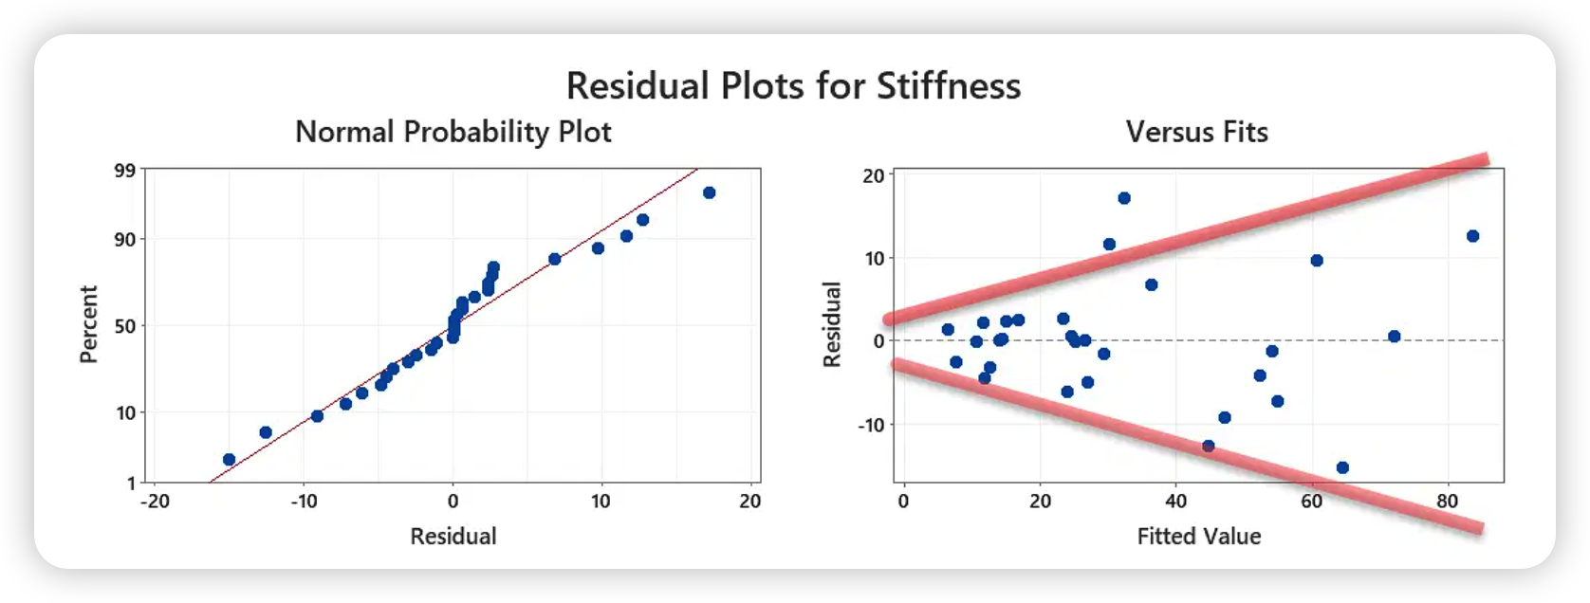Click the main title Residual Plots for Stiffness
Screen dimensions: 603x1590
793,86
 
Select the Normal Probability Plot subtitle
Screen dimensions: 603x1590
453,132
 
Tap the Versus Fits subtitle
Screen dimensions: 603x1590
1196,132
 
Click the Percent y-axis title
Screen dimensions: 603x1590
89,324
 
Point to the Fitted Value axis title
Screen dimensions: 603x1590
1199,537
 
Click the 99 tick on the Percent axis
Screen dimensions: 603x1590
125,171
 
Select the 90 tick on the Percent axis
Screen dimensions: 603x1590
125,240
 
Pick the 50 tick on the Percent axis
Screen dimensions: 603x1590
125,326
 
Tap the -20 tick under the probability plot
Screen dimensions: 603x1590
155,502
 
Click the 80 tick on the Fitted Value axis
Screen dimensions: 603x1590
1448,502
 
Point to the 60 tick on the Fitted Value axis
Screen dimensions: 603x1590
1312,502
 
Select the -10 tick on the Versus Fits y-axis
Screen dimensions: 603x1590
871,425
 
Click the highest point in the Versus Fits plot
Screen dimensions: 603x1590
1124,198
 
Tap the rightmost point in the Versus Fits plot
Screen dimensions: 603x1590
1472,236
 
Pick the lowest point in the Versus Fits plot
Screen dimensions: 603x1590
1342,467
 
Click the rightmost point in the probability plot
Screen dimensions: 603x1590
709,193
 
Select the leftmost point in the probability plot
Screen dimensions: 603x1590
229,460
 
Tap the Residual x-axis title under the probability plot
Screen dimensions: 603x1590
453,537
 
